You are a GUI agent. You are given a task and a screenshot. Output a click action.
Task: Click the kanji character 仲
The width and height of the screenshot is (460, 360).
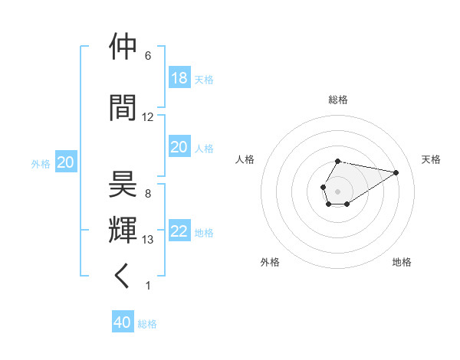click(123, 47)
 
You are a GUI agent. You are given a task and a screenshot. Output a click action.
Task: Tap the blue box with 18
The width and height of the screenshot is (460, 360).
click(179, 78)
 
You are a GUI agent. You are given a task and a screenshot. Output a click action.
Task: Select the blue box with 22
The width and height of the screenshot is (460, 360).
click(179, 232)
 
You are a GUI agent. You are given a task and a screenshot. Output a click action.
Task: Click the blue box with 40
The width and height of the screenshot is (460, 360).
click(123, 322)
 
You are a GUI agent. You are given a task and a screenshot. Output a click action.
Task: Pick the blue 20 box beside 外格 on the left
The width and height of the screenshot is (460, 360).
click(65, 162)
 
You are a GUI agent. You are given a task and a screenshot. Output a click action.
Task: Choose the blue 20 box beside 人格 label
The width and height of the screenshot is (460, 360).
click(179, 147)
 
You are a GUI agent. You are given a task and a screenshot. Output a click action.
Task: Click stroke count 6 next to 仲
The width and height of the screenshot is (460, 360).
click(148, 55)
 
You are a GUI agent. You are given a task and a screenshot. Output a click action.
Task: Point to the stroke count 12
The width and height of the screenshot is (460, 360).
click(148, 116)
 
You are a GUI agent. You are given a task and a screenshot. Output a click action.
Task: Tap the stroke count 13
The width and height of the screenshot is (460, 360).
click(148, 239)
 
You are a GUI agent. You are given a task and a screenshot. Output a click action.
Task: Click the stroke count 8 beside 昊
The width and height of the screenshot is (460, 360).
click(148, 193)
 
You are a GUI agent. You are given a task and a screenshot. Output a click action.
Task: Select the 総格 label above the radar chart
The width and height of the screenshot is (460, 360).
click(338, 100)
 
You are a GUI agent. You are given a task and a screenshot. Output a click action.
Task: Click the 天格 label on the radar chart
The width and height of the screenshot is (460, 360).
click(432, 159)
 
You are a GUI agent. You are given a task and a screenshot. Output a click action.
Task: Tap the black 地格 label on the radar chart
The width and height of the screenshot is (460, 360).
click(402, 262)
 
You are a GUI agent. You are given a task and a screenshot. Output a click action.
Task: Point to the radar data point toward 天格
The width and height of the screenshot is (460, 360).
click(396, 172)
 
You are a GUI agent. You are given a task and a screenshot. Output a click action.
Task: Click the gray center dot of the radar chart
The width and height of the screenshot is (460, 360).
click(337, 190)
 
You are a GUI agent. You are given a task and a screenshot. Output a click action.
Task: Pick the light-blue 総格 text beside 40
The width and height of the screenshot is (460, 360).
click(147, 324)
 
